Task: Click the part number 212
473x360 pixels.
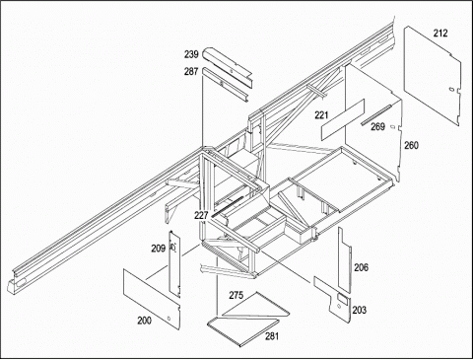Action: click(x=440, y=34)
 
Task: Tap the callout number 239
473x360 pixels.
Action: click(x=191, y=54)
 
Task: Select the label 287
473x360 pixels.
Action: click(x=191, y=71)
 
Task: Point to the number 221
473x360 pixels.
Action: click(x=321, y=115)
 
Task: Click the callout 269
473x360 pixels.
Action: click(x=377, y=126)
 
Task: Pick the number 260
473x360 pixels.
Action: click(x=411, y=145)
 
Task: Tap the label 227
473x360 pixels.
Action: click(x=201, y=215)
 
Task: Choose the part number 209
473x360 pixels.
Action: click(x=159, y=249)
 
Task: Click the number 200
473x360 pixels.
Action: click(x=144, y=321)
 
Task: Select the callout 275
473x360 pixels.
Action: click(x=236, y=295)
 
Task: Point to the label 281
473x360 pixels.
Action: click(x=272, y=336)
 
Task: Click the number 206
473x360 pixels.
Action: click(x=361, y=267)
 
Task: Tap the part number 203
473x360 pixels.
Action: click(x=360, y=310)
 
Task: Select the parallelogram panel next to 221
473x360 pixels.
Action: click(x=343, y=119)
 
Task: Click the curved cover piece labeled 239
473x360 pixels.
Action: click(x=227, y=64)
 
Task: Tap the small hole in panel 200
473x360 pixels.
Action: click(x=169, y=319)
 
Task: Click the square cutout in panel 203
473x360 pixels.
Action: click(x=343, y=299)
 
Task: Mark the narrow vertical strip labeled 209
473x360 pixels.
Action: click(x=174, y=264)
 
